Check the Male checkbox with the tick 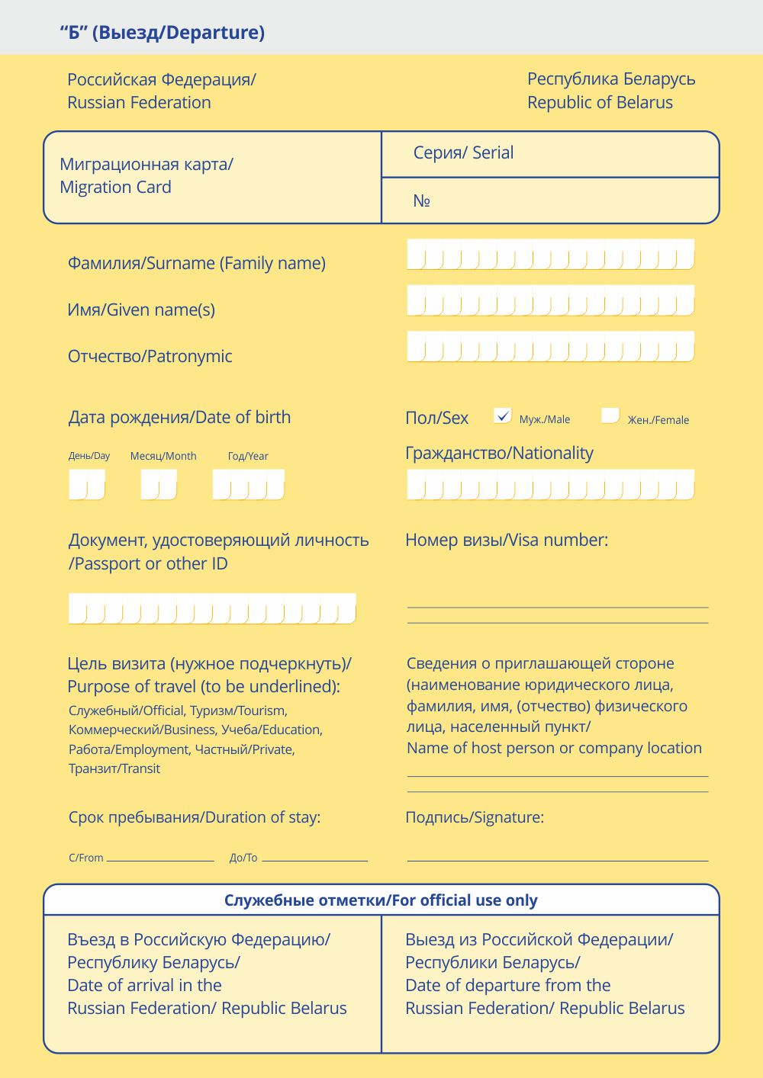click(502, 415)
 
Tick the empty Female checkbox click(610, 415)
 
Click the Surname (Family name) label click(197, 263)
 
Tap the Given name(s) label click(141, 310)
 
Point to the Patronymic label click(150, 356)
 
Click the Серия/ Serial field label click(463, 152)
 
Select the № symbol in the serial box click(422, 201)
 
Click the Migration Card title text click(146, 175)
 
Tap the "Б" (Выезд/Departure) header click(163, 33)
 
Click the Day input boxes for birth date click(87, 485)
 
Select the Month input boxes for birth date click(159, 485)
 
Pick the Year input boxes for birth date click(249, 485)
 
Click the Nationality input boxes click(550, 485)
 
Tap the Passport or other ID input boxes click(212, 608)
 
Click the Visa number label click(507, 540)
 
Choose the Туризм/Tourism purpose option click(238, 711)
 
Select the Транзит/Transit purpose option click(114, 768)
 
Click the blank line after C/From click(160, 858)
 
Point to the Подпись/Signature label click(475, 817)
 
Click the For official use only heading click(381, 900)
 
